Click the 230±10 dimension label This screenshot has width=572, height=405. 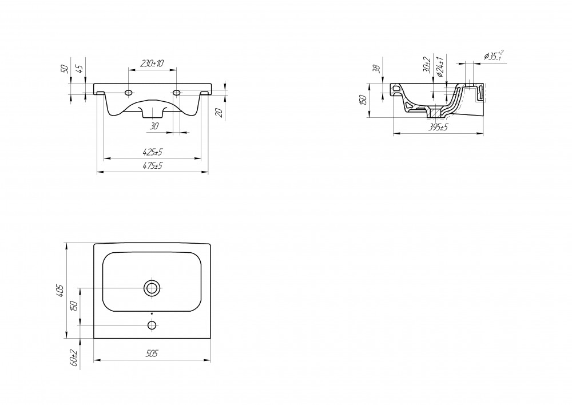click(x=152, y=63)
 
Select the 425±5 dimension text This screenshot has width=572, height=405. click(x=152, y=152)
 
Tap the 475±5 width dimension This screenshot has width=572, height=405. click(x=152, y=166)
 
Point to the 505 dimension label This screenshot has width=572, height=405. click(x=152, y=354)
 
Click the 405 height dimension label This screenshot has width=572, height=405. click(x=61, y=291)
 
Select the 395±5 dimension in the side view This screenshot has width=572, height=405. click(x=438, y=127)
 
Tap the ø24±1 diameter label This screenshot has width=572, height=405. click(x=440, y=67)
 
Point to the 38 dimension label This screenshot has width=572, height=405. click(x=378, y=69)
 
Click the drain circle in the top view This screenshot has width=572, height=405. click(x=152, y=288)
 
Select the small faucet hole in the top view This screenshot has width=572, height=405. click(x=152, y=325)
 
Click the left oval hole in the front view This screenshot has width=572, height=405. click(x=128, y=93)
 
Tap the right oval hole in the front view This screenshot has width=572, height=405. click(x=176, y=93)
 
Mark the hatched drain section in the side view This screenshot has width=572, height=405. click(x=435, y=112)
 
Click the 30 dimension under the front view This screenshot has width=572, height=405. click(x=154, y=126)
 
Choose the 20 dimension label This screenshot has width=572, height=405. click(x=219, y=113)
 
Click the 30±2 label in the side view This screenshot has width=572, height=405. click(x=427, y=65)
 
